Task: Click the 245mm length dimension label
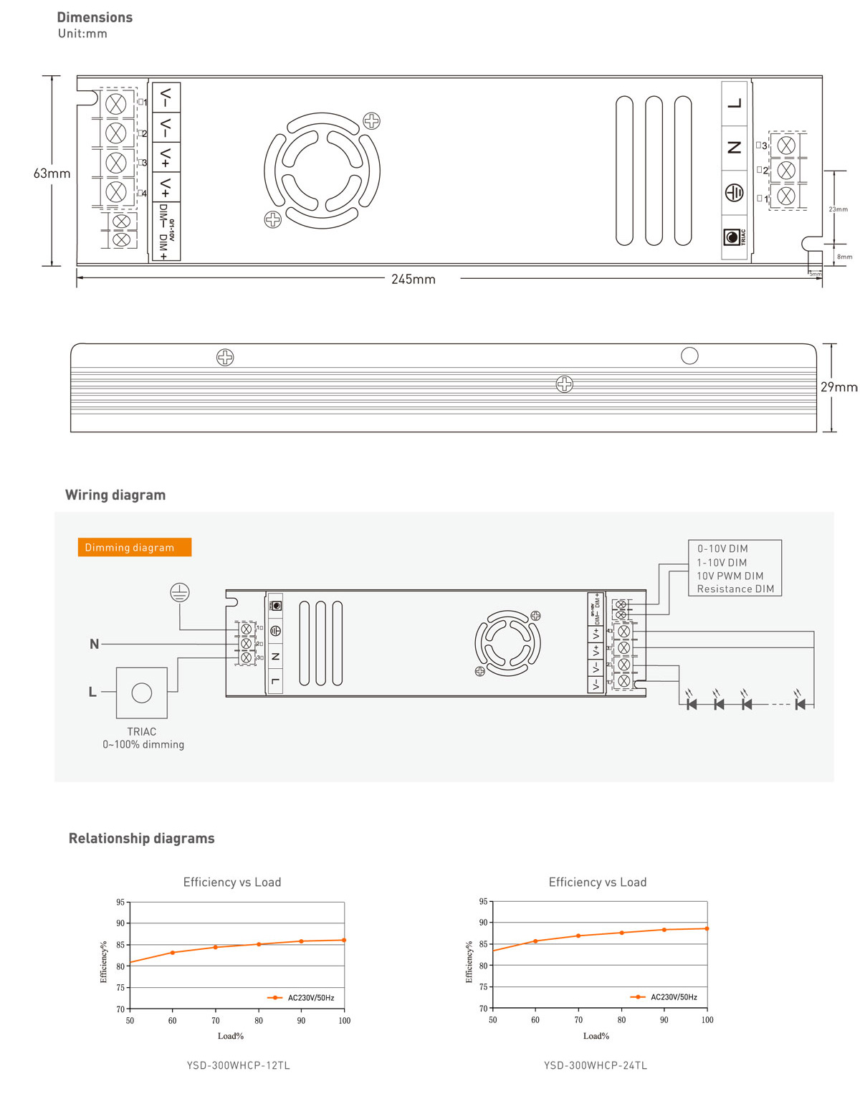tap(413, 279)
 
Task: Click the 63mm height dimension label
tap(52, 173)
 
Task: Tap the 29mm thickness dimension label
tap(838, 387)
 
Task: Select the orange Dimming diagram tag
tap(134, 547)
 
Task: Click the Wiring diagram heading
tap(115, 495)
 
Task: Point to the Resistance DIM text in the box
tap(735, 589)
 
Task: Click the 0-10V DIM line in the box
tap(722, 548)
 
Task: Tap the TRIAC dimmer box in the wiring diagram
tap(142, 693)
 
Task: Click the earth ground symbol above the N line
tap(179, 592)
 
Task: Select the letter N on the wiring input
tap(94, 644)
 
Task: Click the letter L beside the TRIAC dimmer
tap(92, 692)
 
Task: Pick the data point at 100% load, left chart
tap(344, 940)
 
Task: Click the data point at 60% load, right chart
tap(535, 941)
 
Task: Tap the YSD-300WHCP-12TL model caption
tap(238, 1065)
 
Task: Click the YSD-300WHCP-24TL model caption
tap(595, 1065)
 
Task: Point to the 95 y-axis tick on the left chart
tap(120, 902)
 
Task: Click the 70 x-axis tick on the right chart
tap(578, 1019)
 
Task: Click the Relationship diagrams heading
tap(141, 838)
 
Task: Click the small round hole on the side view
tap(689, 356)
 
